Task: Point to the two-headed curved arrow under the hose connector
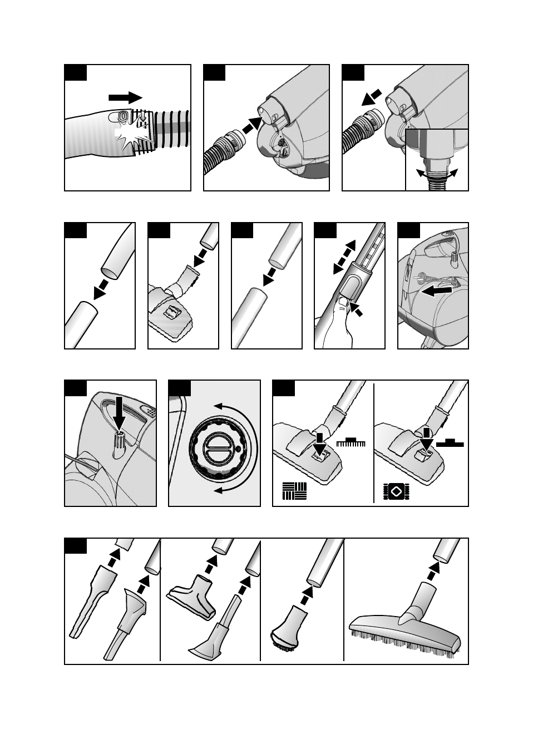437,173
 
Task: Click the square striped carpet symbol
294,491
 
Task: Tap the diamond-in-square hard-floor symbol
396,492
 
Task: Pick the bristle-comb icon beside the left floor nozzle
351,443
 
